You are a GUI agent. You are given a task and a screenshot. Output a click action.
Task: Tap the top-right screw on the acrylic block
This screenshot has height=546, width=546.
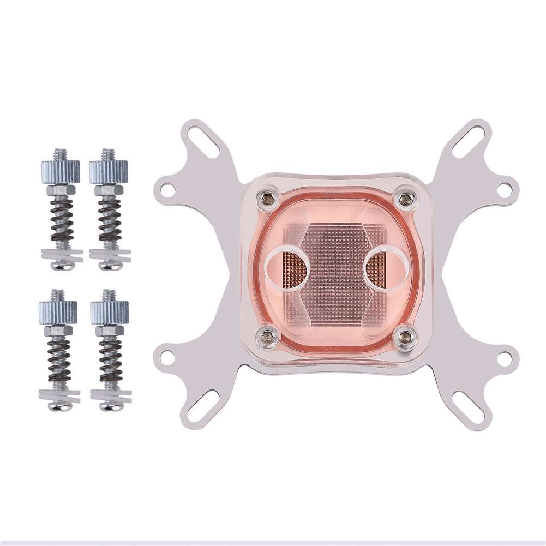404,199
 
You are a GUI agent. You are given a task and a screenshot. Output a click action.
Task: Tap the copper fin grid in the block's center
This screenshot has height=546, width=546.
335,267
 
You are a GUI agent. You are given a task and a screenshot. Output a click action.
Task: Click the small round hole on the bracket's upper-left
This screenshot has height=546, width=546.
169,190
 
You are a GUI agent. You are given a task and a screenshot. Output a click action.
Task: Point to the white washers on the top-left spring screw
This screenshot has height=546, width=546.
60,254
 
